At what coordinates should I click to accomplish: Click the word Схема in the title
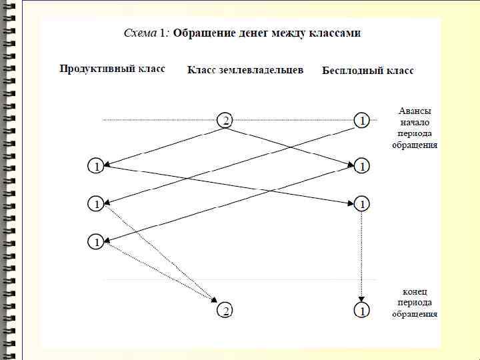point(139,33)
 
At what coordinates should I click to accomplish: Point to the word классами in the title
point(337,33)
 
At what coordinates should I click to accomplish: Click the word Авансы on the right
point(415,111)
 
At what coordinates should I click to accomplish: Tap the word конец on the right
point(415,292)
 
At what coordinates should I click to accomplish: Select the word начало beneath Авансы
point(415,122)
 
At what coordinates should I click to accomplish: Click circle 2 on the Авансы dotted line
point(225,121)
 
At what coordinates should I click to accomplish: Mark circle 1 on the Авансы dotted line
point(361,121)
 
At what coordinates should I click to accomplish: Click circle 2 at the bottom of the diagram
point(225,311)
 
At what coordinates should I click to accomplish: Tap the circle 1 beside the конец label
point(361,311)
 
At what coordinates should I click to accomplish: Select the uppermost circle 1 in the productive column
point(97,167)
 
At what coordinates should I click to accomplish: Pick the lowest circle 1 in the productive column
point(97,242)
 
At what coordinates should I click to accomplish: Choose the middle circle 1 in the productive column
point(97,204)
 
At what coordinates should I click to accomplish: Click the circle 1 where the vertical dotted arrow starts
point(361,203)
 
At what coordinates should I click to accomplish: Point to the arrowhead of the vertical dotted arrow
point(361,299)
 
